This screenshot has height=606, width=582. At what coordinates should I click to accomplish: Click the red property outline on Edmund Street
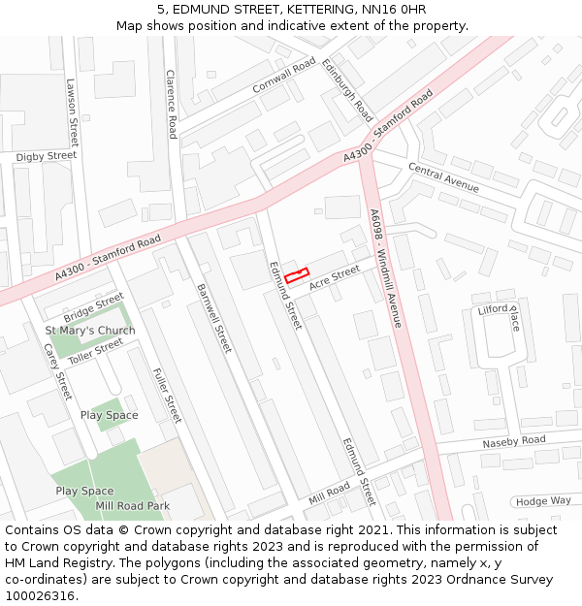tap(296, 275)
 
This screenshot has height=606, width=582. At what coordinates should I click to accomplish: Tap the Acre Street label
tap(335, 277)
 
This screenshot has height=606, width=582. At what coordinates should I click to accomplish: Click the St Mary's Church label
tap(90, 331)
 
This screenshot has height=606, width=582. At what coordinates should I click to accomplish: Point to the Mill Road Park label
tap(132, 506)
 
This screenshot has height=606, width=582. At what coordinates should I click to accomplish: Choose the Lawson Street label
tap(70, 111)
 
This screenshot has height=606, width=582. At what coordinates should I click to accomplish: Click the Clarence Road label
tap(171, 103)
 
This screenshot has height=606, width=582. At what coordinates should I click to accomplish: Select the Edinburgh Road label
tap(347, 90)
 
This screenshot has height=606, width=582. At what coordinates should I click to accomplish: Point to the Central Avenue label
tap(443, 176)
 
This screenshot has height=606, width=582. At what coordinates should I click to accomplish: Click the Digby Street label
tap(47, 156)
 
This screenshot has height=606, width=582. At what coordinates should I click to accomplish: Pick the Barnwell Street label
tap(214, 317)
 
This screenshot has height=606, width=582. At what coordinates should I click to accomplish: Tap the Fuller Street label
tap(167, 395)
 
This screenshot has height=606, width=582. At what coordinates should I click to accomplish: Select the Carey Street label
tap(57, 371)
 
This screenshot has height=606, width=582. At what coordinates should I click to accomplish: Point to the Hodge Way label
tap(543, 501)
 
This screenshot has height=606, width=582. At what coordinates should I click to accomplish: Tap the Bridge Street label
tap(94, 307)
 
